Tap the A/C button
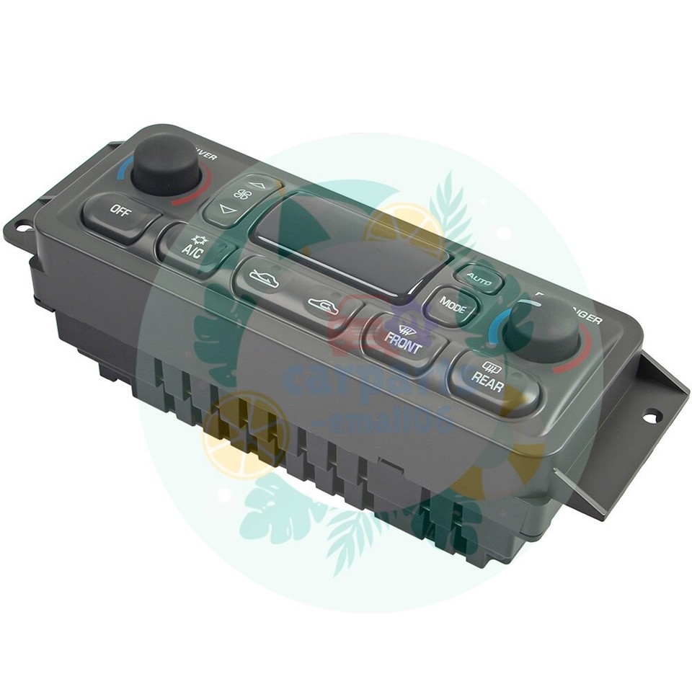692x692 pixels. (192, 248)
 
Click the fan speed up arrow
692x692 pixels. (258, 185)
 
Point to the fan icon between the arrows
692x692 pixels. (242, 196)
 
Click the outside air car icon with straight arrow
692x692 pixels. (264, 278)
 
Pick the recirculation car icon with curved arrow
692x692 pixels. (322, 306)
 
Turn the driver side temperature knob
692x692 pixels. (166, 162)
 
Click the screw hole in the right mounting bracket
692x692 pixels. (651, 416)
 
